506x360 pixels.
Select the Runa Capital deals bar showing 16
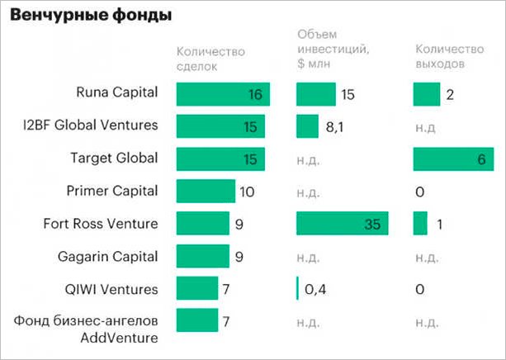coord(223,94)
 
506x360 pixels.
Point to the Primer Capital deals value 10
coord(248,192)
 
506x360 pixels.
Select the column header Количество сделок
coord(211,59)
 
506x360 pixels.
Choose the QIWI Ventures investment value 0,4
coord(317,289)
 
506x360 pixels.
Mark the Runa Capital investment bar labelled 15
coord(315,94)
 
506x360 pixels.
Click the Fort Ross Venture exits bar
coord(420,224)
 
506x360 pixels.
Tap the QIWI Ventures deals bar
coord(196,288)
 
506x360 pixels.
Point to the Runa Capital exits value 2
coord(450,94)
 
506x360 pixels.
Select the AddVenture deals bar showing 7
coord(196,320)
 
